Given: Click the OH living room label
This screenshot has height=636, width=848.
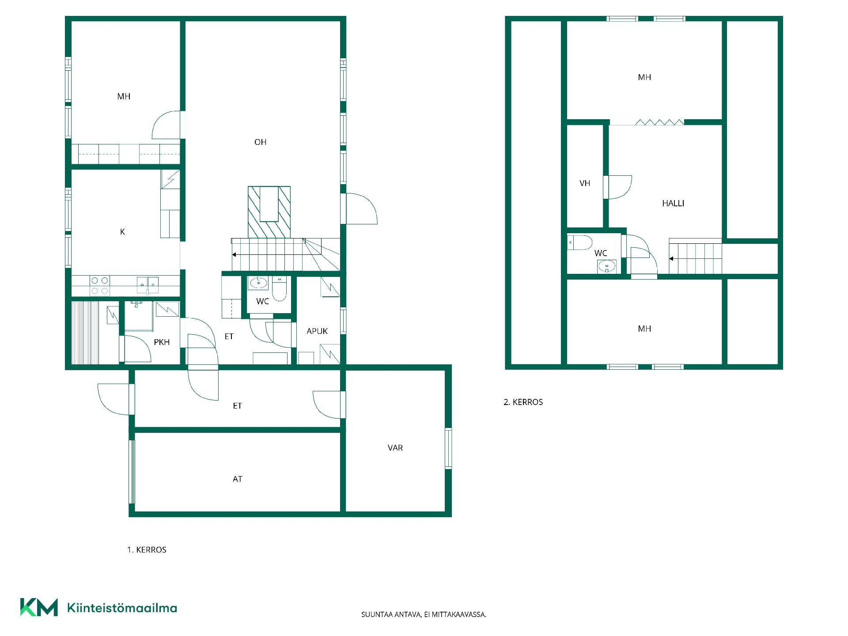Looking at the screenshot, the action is point(260,142).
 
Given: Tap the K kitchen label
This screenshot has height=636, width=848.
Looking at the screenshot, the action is point(122,232).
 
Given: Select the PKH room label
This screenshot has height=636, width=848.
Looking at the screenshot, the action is point(162,342).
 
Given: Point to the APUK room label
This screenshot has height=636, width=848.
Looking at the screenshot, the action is point(317,331).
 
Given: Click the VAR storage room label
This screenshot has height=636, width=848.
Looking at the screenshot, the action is point(395,448).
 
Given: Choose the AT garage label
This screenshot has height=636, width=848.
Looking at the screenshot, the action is point(237,479).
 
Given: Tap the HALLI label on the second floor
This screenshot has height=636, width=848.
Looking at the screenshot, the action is point(673,204).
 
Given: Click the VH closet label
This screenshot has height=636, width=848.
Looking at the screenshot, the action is point(585,183).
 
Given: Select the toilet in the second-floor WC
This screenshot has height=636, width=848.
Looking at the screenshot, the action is point(580,243).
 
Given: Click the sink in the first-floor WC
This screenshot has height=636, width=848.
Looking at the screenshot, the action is point(258,283).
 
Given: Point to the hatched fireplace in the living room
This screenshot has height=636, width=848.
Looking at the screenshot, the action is point(269,212).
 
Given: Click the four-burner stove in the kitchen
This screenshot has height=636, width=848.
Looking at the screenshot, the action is point(100,286).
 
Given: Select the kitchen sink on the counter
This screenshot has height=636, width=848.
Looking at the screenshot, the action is point(148,285).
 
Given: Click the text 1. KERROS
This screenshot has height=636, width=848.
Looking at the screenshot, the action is point(147,550).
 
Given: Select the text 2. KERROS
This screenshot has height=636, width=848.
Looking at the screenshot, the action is point(523,402).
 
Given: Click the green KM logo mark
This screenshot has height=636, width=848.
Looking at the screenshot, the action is point(39,607).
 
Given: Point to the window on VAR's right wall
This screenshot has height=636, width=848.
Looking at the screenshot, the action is point(448,448).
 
